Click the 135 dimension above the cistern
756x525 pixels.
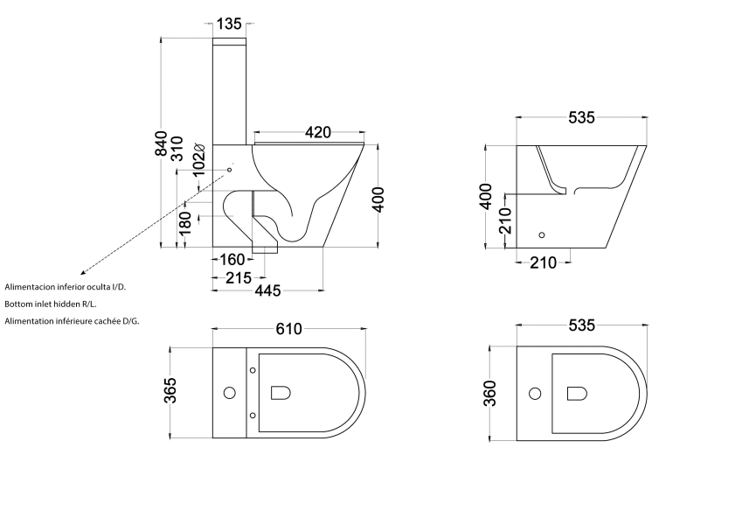[x=229, y=24]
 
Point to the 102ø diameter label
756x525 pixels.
[x=198, y=157]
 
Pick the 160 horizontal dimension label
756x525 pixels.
[x=232, y=259]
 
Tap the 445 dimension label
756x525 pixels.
[x=268, y=291]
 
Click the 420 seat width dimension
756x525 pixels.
[x=317, y=132]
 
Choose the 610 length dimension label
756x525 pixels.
[x=289, y=329]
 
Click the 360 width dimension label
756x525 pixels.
[x=489, y=395]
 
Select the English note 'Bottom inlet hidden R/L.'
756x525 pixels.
[x=51, y=304]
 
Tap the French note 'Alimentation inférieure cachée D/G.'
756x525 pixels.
[x=72, y=321]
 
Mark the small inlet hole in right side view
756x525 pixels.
[x=542, y=234]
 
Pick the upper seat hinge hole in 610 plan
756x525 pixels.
[x=253, y=370]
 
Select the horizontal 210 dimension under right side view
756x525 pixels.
[x=543, y=262]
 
